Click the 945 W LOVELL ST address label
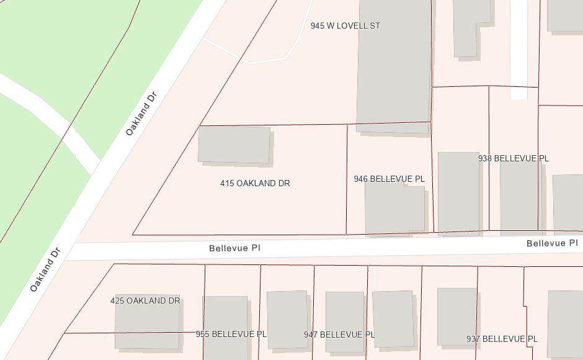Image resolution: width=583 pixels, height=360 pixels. click(x=345, y=26)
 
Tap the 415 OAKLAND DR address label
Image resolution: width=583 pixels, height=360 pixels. click(x=255, y=184)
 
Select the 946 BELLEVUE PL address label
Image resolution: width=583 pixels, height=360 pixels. click(x=389, y=179)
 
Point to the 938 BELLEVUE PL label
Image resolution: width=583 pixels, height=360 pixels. click(x=513, y=159)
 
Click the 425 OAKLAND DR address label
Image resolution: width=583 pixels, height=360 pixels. click(x=145, y=301)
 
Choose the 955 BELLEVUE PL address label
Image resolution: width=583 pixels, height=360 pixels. click(x=231, y=335)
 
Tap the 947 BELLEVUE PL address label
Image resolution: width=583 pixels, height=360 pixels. click(x=339, y=335)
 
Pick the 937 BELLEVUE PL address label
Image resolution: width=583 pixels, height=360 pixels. click(x=502, y=340)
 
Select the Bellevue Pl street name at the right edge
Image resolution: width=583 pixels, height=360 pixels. click(x=551, y=243)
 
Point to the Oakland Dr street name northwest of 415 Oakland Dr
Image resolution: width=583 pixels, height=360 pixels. click(x=141, y=114)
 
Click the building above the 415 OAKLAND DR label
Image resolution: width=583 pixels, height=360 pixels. click(x=234, y=145)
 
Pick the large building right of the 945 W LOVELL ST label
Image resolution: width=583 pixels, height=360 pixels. click(x=394, y=62)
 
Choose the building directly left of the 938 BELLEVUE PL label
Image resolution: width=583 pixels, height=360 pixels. click(x=458, y=192)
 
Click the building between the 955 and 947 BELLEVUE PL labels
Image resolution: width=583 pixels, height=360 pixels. click(x=287, y=318)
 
